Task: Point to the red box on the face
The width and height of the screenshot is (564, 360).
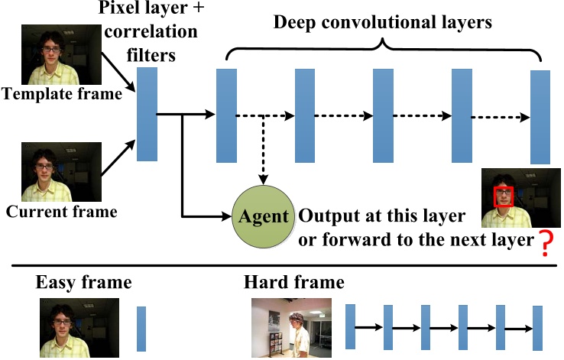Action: click(504, 196)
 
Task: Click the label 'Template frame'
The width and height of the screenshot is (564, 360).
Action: click(62, 95)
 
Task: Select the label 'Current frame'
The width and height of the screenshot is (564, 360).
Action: click(62, 212)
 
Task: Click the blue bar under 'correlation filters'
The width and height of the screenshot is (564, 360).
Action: click(147, 115)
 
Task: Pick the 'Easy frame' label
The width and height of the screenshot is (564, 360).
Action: click(84, 282)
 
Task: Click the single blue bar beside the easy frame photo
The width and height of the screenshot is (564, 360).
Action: click(141, 329)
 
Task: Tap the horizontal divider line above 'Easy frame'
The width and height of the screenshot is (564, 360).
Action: click(281, 266)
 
